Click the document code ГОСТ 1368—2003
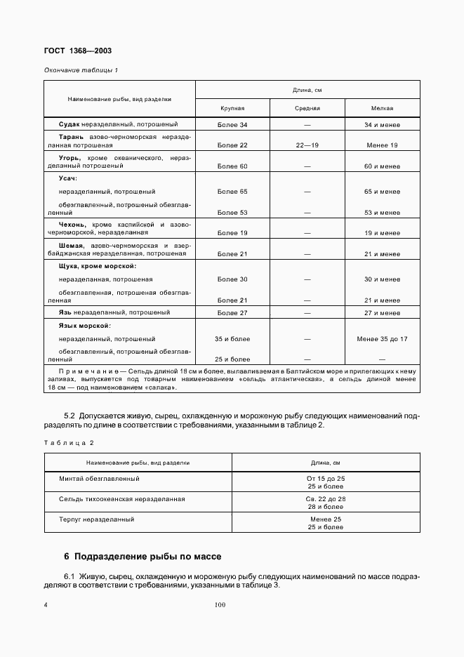78,51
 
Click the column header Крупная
232,109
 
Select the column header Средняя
307,109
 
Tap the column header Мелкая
382,109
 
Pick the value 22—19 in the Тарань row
307,145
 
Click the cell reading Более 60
232,166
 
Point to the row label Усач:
68,179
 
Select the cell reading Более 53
232,212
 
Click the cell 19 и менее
382,232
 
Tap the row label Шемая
72,246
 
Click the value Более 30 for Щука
232,279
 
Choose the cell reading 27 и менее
382,312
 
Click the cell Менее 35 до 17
382,339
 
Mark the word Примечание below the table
84,369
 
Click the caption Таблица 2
69,443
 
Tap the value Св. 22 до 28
326,498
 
